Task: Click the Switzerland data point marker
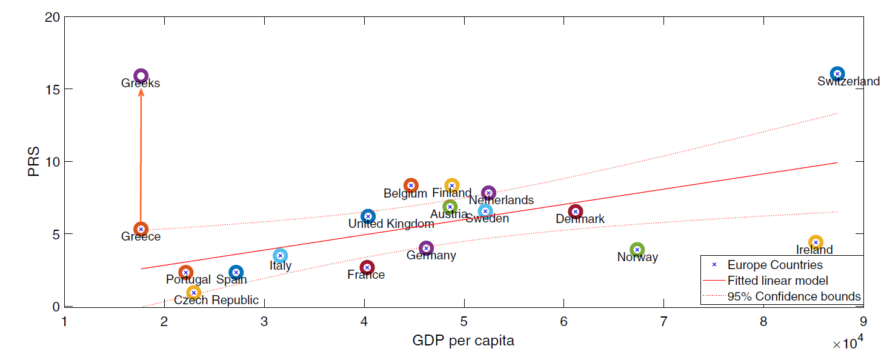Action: point(837,74)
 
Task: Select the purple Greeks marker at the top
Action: point(141,76)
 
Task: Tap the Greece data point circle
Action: point(141,229)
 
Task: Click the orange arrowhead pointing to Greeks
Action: point(141,92)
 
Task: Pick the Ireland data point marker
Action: point(816,242)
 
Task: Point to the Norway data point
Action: point(637,250)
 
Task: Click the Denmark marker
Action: point(576,212)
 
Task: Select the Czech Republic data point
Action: point(194,293)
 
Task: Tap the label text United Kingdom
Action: point(391,224)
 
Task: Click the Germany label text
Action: point(431,256)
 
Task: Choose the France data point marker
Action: point(367,267)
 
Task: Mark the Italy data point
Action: point(280,256)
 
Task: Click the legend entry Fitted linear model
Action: point(777,281)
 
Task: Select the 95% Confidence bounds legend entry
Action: point(794,296)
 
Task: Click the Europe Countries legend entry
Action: point(775,265)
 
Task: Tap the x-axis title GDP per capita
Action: point(463,341)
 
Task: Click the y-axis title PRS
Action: point(35,162)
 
